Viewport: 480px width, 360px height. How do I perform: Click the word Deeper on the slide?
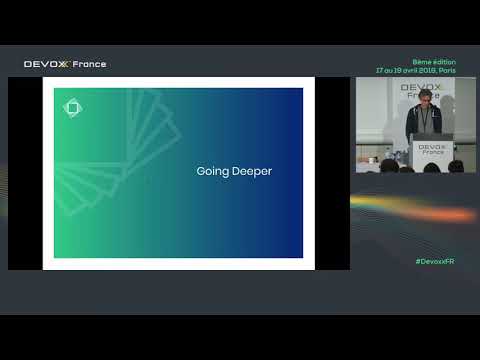tap(251, 172)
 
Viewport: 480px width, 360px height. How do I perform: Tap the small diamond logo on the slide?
tap(72, 107)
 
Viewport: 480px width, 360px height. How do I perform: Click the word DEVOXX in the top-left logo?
tap(47, 64)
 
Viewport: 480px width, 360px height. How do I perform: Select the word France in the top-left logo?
tap(90, 64)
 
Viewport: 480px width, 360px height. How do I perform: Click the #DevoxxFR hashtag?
tap(434, 261)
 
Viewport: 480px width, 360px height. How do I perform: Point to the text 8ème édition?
tap(433, 62)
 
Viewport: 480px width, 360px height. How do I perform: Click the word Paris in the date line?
tap(444, 71)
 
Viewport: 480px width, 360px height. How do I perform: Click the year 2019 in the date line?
tap(422, 71)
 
